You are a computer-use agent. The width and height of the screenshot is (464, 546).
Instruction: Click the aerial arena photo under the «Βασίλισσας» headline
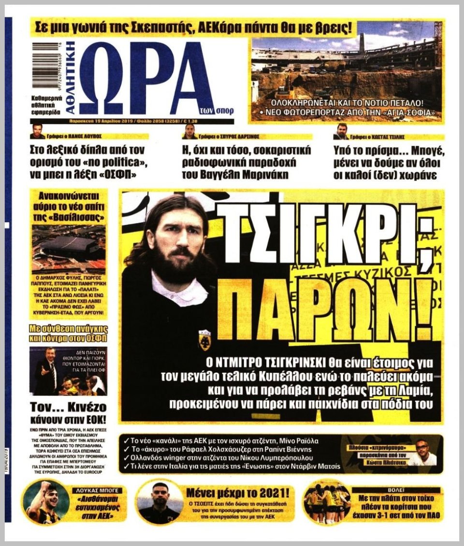pyautogui.click(x=68, y=247)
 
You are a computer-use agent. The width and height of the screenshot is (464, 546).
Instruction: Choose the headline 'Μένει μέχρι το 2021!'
pyautogui.click(x=239, y=493)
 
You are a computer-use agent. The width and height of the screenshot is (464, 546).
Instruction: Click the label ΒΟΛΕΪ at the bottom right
pyautogui.click(x=397, y=490)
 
